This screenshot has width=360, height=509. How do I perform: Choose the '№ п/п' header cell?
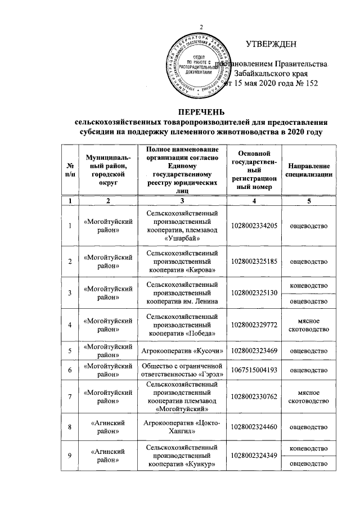coord(70,170)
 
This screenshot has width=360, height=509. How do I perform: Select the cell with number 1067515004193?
coord(254,371)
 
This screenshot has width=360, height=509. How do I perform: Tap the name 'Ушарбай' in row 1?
coord(181,238)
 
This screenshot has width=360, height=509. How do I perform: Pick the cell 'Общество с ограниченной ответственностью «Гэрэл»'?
coord(181,371)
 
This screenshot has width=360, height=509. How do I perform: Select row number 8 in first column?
coord(70,426)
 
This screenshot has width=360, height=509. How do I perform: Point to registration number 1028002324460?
coord(254,426)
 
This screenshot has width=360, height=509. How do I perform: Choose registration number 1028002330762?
coord(254,398)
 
